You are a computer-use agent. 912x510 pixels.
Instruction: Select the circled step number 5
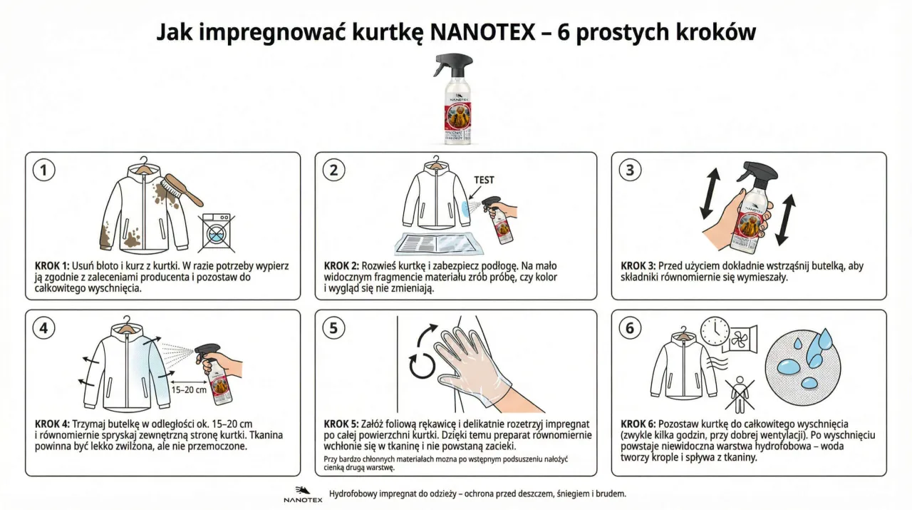(x=333, y=327)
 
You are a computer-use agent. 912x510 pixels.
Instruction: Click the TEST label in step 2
(x=484, y=180)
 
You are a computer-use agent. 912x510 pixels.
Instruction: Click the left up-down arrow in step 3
(x=710, y=193)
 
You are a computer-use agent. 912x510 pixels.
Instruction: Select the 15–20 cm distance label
(x=189, y=389)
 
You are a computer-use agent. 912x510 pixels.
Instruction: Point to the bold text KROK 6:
(x=639, y=424)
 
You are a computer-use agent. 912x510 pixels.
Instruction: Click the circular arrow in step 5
(x=421, y=364)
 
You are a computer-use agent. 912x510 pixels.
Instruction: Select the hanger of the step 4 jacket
(x=126, y=323)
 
